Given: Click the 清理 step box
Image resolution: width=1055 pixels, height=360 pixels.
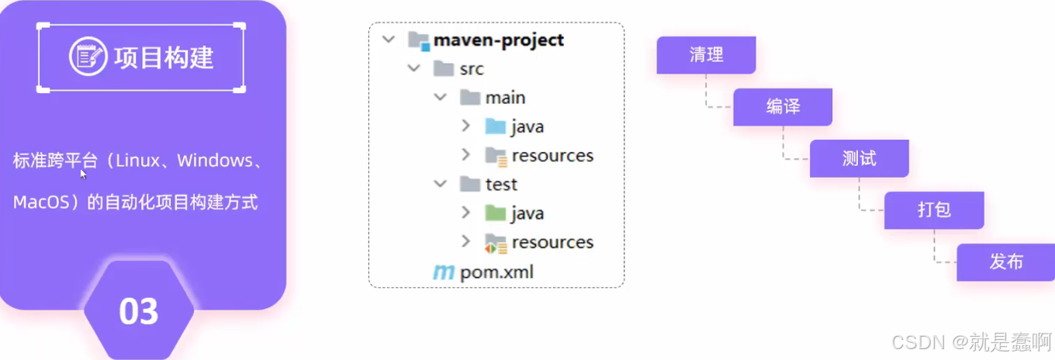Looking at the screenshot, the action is click(706, 55).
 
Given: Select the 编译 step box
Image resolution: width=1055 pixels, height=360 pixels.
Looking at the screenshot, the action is click(783, 107).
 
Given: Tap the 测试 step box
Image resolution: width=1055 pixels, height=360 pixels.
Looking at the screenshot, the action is click(859, 159).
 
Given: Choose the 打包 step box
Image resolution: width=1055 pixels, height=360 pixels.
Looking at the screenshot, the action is click(934, 210).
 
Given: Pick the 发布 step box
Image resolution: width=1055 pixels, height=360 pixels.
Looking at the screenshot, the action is click(1006, 262).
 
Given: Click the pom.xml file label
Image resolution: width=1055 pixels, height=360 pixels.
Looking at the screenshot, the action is click(496, 272).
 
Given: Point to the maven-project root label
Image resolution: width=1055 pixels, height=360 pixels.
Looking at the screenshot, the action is click(499, 40).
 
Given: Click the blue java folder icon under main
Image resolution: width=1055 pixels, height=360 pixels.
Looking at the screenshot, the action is click(495, 126).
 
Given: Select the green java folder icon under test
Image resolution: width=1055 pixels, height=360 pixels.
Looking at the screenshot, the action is click(495, 213).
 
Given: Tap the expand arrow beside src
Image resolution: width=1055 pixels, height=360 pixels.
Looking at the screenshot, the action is click(413, 69).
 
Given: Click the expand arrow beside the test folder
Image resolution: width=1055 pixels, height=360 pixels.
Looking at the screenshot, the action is click(440, 185).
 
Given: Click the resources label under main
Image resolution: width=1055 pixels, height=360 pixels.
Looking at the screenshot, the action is click(552, 156).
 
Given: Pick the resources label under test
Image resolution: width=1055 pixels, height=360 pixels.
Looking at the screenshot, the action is click(552, 243).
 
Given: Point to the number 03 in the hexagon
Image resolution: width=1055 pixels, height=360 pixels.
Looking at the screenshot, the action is click(139, 312).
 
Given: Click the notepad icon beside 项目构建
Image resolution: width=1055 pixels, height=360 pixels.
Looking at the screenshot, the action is click(88, 57).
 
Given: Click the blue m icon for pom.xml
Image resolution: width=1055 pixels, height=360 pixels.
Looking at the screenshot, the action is click(444, 272).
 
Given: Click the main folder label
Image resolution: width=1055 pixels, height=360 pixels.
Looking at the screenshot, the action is click(505, 98).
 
